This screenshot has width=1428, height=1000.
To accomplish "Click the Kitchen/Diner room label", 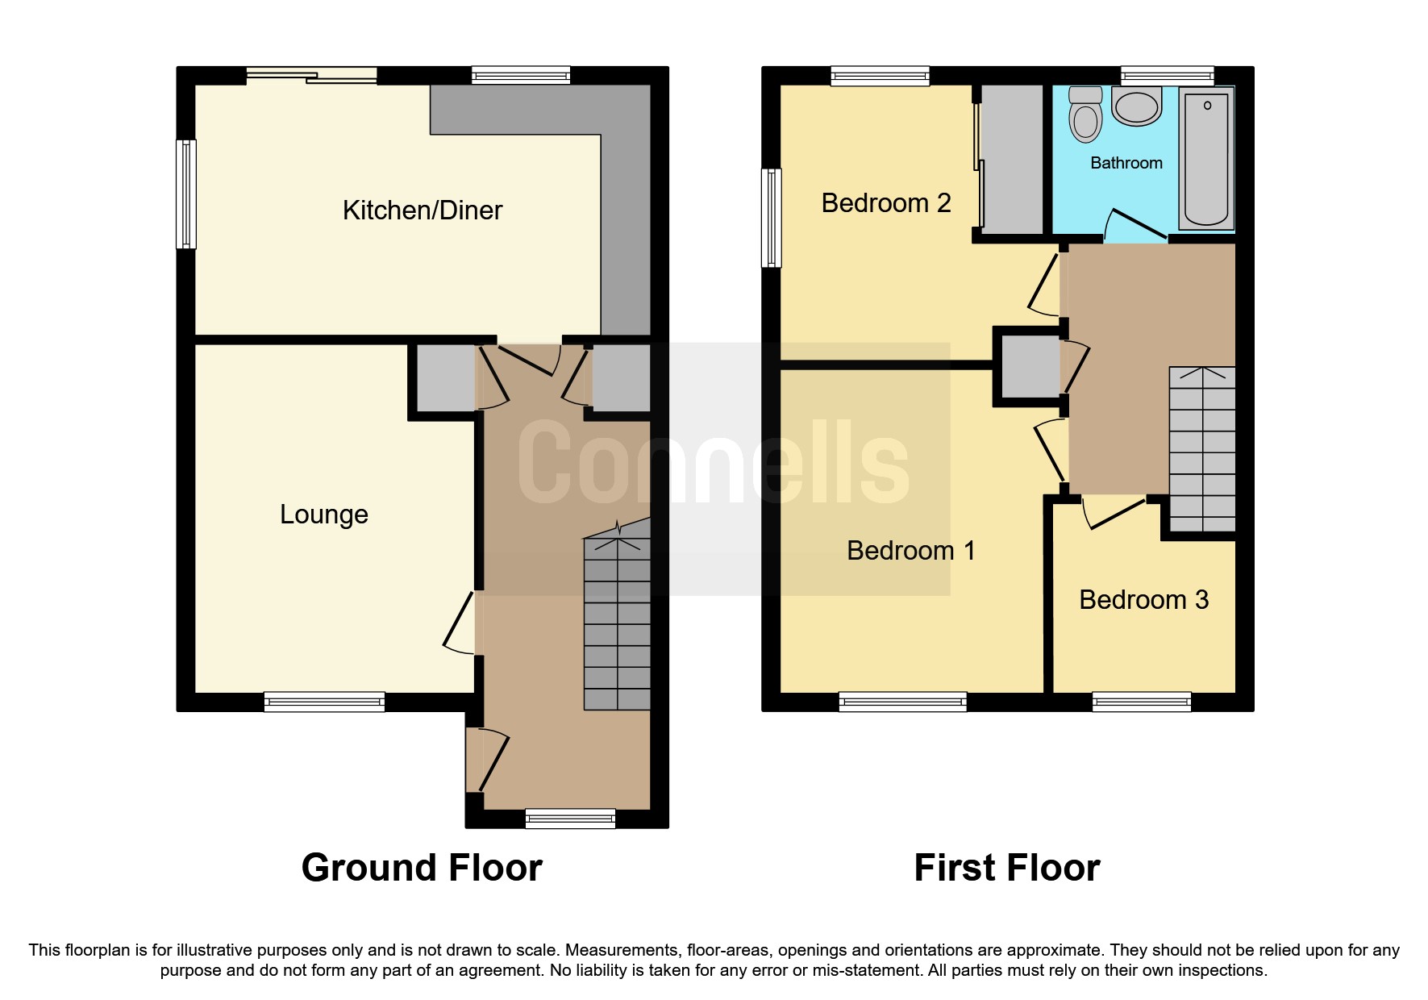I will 422,210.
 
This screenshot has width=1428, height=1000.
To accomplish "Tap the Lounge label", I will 323,515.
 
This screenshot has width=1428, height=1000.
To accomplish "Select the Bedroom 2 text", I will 885,203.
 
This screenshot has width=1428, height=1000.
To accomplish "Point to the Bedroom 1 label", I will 910,551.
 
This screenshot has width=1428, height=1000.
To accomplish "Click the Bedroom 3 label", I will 1143,600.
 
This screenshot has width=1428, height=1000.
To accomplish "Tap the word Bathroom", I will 1126,163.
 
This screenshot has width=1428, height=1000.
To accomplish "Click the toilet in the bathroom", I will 1085,115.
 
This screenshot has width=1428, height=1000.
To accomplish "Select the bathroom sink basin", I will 1137,106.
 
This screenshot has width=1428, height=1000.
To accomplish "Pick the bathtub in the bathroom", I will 1206,158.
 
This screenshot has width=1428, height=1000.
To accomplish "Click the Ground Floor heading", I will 421,869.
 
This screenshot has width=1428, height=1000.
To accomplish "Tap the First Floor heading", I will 1006,869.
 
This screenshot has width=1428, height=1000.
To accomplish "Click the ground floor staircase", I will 617,621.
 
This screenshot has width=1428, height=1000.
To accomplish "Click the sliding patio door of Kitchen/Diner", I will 311,76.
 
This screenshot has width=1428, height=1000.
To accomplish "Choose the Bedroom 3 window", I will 1141,702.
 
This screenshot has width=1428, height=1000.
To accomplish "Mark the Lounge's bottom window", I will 324,702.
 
